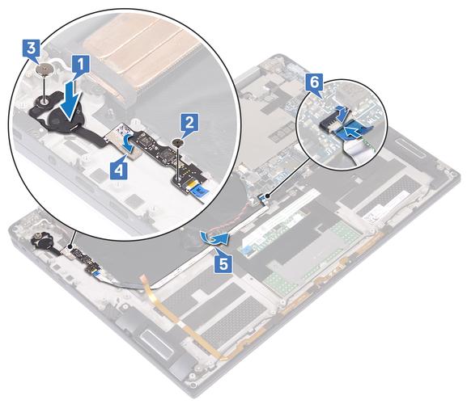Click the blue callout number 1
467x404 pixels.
[80, 65]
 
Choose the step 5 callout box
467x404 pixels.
[223, 263]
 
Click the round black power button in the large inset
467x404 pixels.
[63, 117]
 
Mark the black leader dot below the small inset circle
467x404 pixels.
[268, 196]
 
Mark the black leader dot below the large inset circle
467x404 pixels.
[70, 246]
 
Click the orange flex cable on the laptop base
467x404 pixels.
[185, 320]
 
